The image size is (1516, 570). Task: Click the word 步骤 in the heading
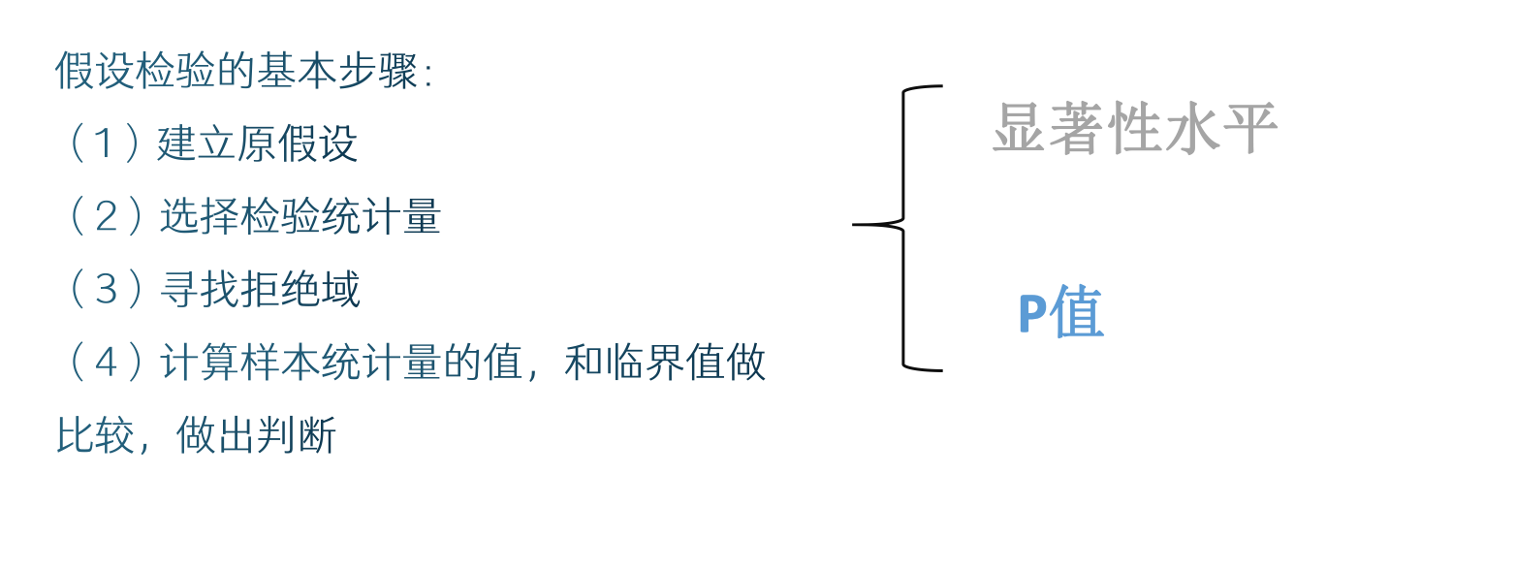[x=377, y=71]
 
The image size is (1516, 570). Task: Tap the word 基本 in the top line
[x=297, y=71]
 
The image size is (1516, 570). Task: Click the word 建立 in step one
[x=197, y=144]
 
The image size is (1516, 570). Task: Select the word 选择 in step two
[x=199, y=217]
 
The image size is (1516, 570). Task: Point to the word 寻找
[x=199, y=290]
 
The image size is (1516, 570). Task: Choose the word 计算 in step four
[x=199, y=363]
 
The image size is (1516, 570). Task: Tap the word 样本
[x=280, y=363]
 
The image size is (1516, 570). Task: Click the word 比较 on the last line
[x=96, y=435]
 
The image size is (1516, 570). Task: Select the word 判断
[x=297, y=435]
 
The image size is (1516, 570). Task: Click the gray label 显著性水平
[x=1134, y=128]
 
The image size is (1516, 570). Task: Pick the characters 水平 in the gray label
[x=1221, y=128]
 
